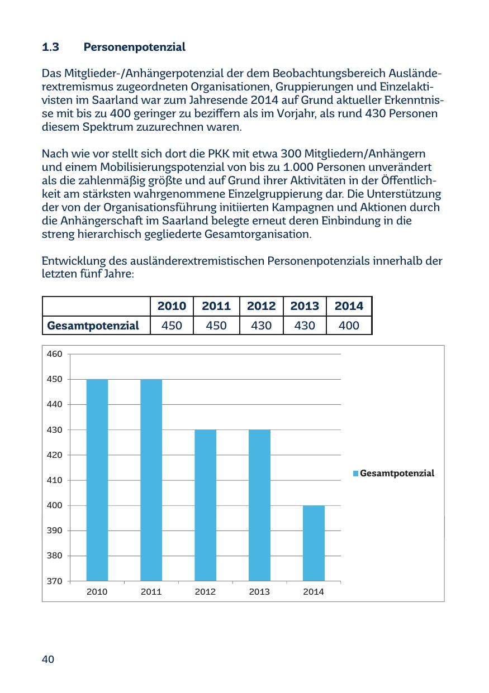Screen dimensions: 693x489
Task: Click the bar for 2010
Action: pos(97,480)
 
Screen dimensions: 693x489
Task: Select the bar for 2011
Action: pos(151,480)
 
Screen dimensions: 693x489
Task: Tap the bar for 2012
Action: pos(205,505)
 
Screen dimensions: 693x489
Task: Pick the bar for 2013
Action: pos(259,505)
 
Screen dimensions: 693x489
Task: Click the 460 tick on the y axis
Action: pos(54,354)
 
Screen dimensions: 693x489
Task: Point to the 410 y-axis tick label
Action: pos(54,480)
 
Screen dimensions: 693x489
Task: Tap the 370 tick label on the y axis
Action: pos(54,581)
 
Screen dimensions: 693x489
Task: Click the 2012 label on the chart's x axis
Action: pos(205,592)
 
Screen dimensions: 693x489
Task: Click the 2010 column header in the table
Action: pos(172,306)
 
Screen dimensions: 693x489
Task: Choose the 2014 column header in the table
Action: pos(349,306)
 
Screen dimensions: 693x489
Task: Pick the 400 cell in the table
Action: pos(349,326)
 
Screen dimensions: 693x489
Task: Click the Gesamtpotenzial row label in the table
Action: pos(93,326)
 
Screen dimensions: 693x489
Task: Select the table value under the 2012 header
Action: pos(261,326)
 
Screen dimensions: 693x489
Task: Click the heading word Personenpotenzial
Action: pos(134,47)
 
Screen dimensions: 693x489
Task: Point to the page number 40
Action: pos(48,660)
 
